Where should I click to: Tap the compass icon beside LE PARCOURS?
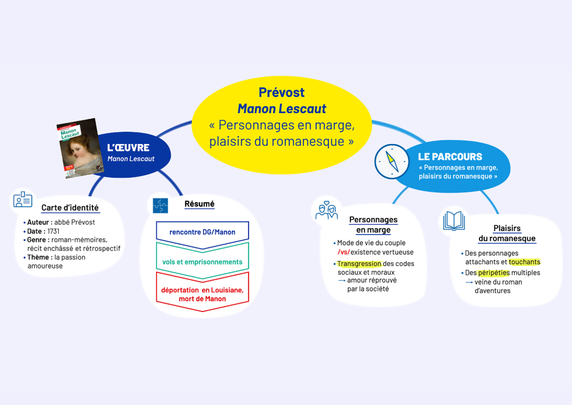392,161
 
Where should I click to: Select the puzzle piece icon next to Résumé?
160,206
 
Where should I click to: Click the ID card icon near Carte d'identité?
23,199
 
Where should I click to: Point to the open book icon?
454,221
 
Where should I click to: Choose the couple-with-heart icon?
327,210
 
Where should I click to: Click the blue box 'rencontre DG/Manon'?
203,232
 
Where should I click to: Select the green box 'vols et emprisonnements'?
203,262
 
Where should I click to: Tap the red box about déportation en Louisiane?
203,294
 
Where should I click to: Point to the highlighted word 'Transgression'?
359,264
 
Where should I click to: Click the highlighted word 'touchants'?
524,262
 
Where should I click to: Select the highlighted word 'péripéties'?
494,273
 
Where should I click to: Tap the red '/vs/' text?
343,252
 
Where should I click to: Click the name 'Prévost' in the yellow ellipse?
282,92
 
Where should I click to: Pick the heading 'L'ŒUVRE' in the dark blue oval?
128,148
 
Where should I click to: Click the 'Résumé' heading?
199,204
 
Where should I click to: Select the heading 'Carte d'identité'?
70,208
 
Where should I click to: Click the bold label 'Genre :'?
38,240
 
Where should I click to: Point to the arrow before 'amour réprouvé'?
341,280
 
